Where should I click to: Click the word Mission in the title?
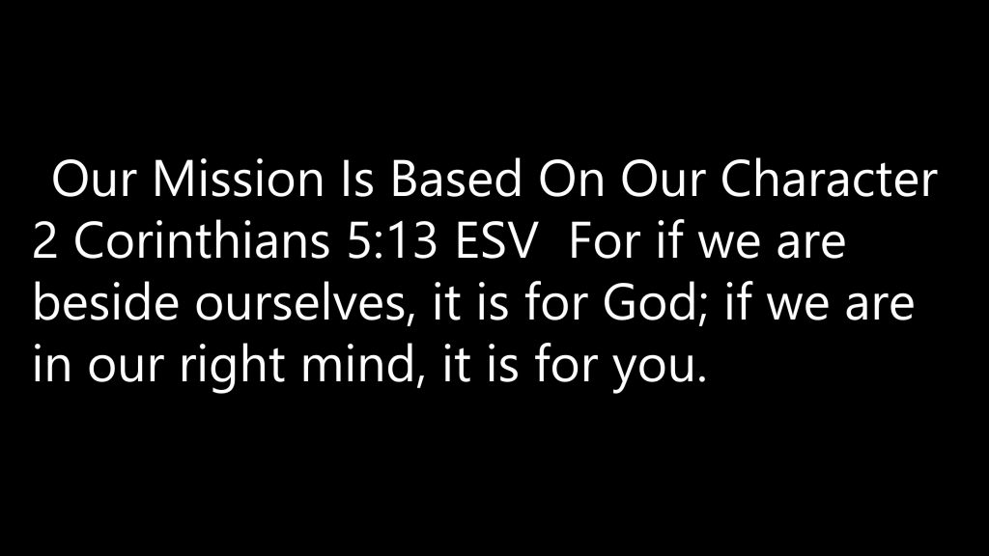tap(238, 179)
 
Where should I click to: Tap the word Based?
tap(456, 179)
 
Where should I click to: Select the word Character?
tap(829, 179)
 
